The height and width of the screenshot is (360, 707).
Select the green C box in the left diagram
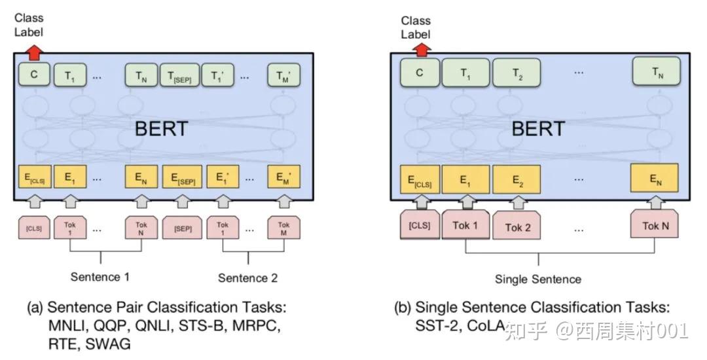click(34, 75)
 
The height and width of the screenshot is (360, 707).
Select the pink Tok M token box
click(283, 228)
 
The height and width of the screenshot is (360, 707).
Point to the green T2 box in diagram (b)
click(516, 73)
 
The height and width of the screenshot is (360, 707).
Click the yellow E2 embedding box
click(516, 178)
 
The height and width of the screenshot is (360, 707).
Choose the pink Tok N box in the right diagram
click(655, 226)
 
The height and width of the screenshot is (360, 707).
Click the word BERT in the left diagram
click(161, 128)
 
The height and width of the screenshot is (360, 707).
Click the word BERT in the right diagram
click(538, 128)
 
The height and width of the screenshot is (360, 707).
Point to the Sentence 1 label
click(100, 277)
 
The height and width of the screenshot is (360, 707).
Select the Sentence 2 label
click(247, 278)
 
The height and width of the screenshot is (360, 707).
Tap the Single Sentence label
click(538, 279)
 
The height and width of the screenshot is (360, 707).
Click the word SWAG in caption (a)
click(107, 342)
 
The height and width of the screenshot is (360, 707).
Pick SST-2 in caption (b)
click(436, 325)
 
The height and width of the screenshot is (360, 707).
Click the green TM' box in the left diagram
click(283, 75)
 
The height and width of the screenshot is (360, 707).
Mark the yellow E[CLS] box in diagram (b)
click(420, 178)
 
